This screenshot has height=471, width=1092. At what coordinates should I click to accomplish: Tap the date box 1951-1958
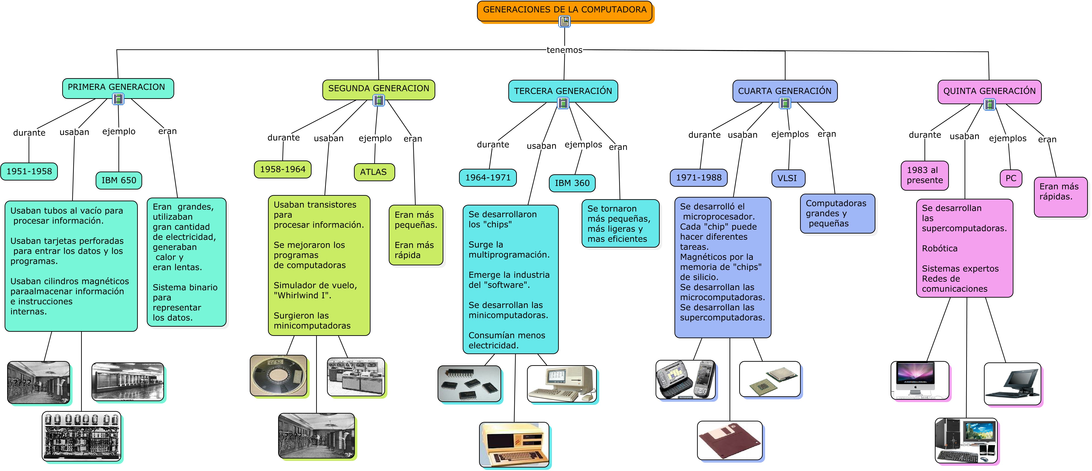pos(29,171)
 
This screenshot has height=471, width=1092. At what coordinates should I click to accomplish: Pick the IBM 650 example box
pos(119,180)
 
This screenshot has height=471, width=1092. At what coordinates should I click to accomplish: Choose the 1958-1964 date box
pos(282,169)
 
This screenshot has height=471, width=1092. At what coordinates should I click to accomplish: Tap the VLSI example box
pos(787,178)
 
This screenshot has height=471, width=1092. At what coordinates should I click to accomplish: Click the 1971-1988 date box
pos(698,178)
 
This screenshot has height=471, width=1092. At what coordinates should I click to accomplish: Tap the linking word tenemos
pos(564,50)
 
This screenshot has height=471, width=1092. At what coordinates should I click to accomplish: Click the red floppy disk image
pos(729,441)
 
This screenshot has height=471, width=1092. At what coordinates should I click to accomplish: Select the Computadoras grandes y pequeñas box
pos(837,213)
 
